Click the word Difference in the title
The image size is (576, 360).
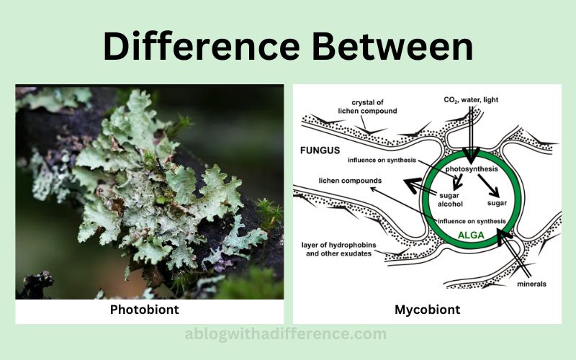(202, 46)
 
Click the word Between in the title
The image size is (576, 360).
(392, 46)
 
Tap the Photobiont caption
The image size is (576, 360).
(145, 310)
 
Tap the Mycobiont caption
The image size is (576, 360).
(427, 310)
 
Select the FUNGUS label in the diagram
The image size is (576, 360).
(320, 150)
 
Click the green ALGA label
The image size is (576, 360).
(471, 235)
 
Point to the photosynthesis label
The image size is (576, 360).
(472, 169)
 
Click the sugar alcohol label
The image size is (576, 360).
(450, 200)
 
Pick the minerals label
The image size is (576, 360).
(531, 284)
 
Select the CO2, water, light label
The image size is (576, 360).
(471, 100)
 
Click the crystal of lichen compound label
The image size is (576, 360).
(367, 107)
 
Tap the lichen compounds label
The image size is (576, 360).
(350, 181)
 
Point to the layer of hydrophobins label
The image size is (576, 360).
(338, 249)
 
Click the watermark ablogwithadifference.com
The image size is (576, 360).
(285, 334)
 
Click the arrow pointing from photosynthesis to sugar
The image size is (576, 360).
(488, 186)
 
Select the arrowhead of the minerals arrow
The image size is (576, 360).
(503, 236)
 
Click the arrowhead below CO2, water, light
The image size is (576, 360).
(471, 156)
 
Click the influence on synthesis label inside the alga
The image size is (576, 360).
(472, 221)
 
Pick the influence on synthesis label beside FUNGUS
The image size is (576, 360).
(382, 160)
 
